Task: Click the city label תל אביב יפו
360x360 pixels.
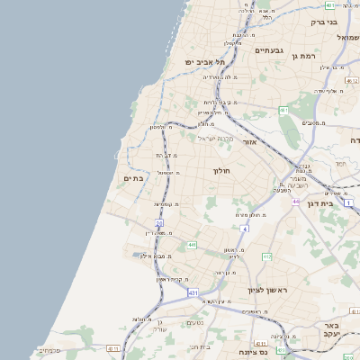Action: [203, 61]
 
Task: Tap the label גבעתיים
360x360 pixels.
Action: [268, 50]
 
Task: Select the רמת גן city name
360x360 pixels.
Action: [304, 57]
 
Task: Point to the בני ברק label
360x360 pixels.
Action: [324, 22]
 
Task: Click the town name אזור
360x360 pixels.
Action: [251, 142]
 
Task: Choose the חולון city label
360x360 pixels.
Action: [221, 170]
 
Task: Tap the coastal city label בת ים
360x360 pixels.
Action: [133, 179]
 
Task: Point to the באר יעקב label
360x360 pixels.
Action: [331, 329]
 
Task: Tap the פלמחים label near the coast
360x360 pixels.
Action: [76, 349]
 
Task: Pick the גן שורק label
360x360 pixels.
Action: [160, 325]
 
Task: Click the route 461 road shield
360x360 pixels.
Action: [283, 111]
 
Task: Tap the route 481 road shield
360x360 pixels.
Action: [331, 5]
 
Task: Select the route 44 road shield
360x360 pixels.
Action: [296, 202]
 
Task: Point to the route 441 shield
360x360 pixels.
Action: [192, 245]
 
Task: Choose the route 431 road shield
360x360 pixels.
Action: [193, 292]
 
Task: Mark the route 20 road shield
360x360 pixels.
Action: [159, 222]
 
